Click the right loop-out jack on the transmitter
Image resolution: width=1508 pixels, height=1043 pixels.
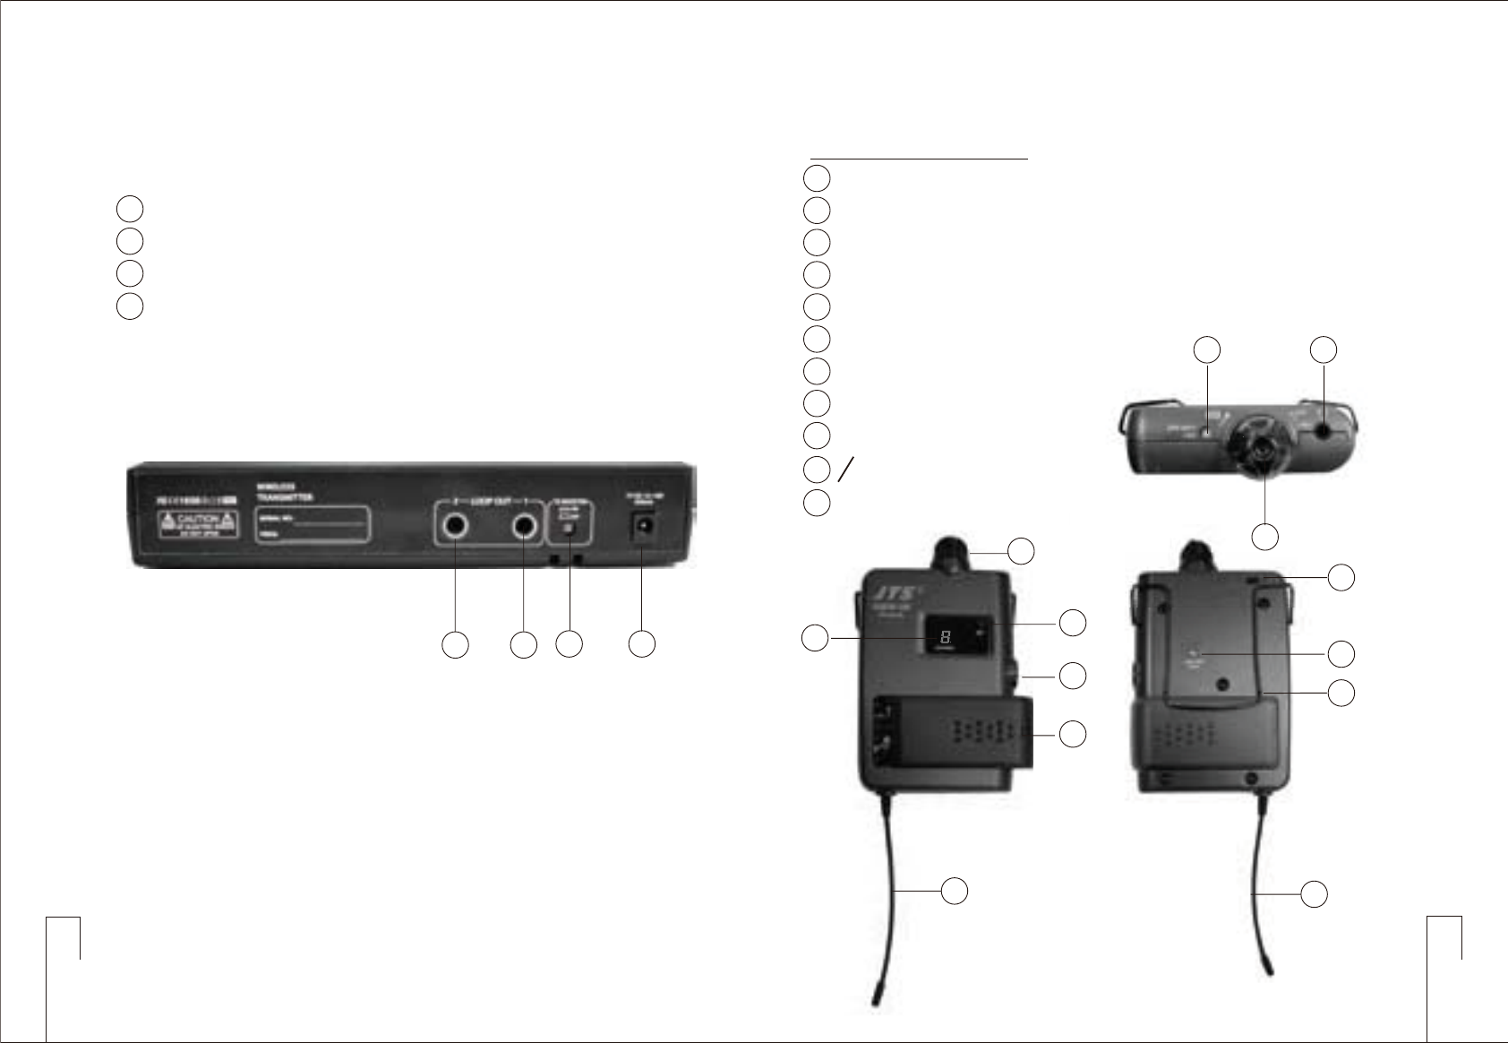524,529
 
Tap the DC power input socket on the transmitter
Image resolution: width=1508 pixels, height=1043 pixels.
641,530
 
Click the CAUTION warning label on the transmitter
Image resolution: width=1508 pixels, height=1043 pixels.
199,522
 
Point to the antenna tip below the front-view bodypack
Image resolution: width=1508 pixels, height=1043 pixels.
876,996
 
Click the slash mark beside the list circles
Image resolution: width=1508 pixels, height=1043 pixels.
845,469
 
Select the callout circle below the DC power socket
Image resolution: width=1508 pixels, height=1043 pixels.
641,643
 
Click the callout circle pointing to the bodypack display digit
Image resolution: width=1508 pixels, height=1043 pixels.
814,638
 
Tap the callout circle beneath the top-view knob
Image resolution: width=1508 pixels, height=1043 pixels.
1264,536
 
